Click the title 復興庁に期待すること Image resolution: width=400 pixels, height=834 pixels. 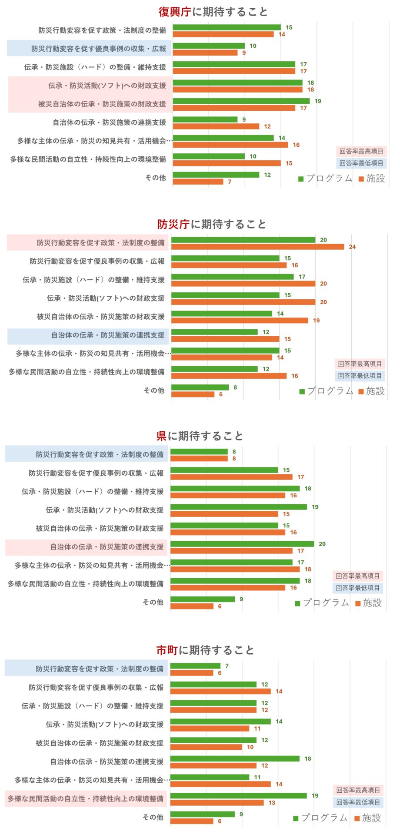pyautogui.click(x=213, y=12)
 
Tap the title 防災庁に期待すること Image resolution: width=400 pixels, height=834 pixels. pyautogui.click(x=212, y=224)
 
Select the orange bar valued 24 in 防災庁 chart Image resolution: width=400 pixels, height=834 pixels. pyautogui.click(x=257, y=247)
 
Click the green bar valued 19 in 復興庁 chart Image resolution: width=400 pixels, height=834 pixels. pyautogui.click(x=241, y=101)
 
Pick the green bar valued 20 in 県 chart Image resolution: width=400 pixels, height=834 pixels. pyautogui.click(x=242, y=544)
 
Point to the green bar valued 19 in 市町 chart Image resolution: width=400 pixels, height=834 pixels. pyautogui.click(x=238, y=796)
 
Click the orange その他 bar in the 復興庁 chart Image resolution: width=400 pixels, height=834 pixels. pyautogui.click(x=198, y=182)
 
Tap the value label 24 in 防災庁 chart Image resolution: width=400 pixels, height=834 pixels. pyautogui.click(x=352, y=247)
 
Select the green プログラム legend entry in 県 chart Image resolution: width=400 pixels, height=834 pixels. pyautogui.click(x=322, y=603)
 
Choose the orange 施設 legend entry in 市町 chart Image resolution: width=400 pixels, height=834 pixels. pyautogui.click(x=368, y=818)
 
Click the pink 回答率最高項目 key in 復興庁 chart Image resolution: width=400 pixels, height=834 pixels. pyautogui.click(x=361, y=152)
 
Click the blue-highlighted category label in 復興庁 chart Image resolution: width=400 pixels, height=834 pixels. pyautogui.click(x=99, y=49)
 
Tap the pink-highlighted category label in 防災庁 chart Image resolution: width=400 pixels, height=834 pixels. pyautogui.click(x=100, y=243)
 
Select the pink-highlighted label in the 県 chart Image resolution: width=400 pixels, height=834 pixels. pyautogui.click(x=107, y=547)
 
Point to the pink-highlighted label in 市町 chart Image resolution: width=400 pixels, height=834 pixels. pyautogui.click(x=86, y=799)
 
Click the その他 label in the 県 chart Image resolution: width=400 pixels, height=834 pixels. pyautogui.click(x=153, y=602)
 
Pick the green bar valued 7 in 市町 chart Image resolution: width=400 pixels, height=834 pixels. pyautogui.click(x=195, y=666)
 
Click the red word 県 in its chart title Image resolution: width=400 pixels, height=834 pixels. pyautogui.click(x=162, y=436)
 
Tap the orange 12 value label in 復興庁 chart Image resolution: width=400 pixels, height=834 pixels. pyautogui.click(x=267, y=126)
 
